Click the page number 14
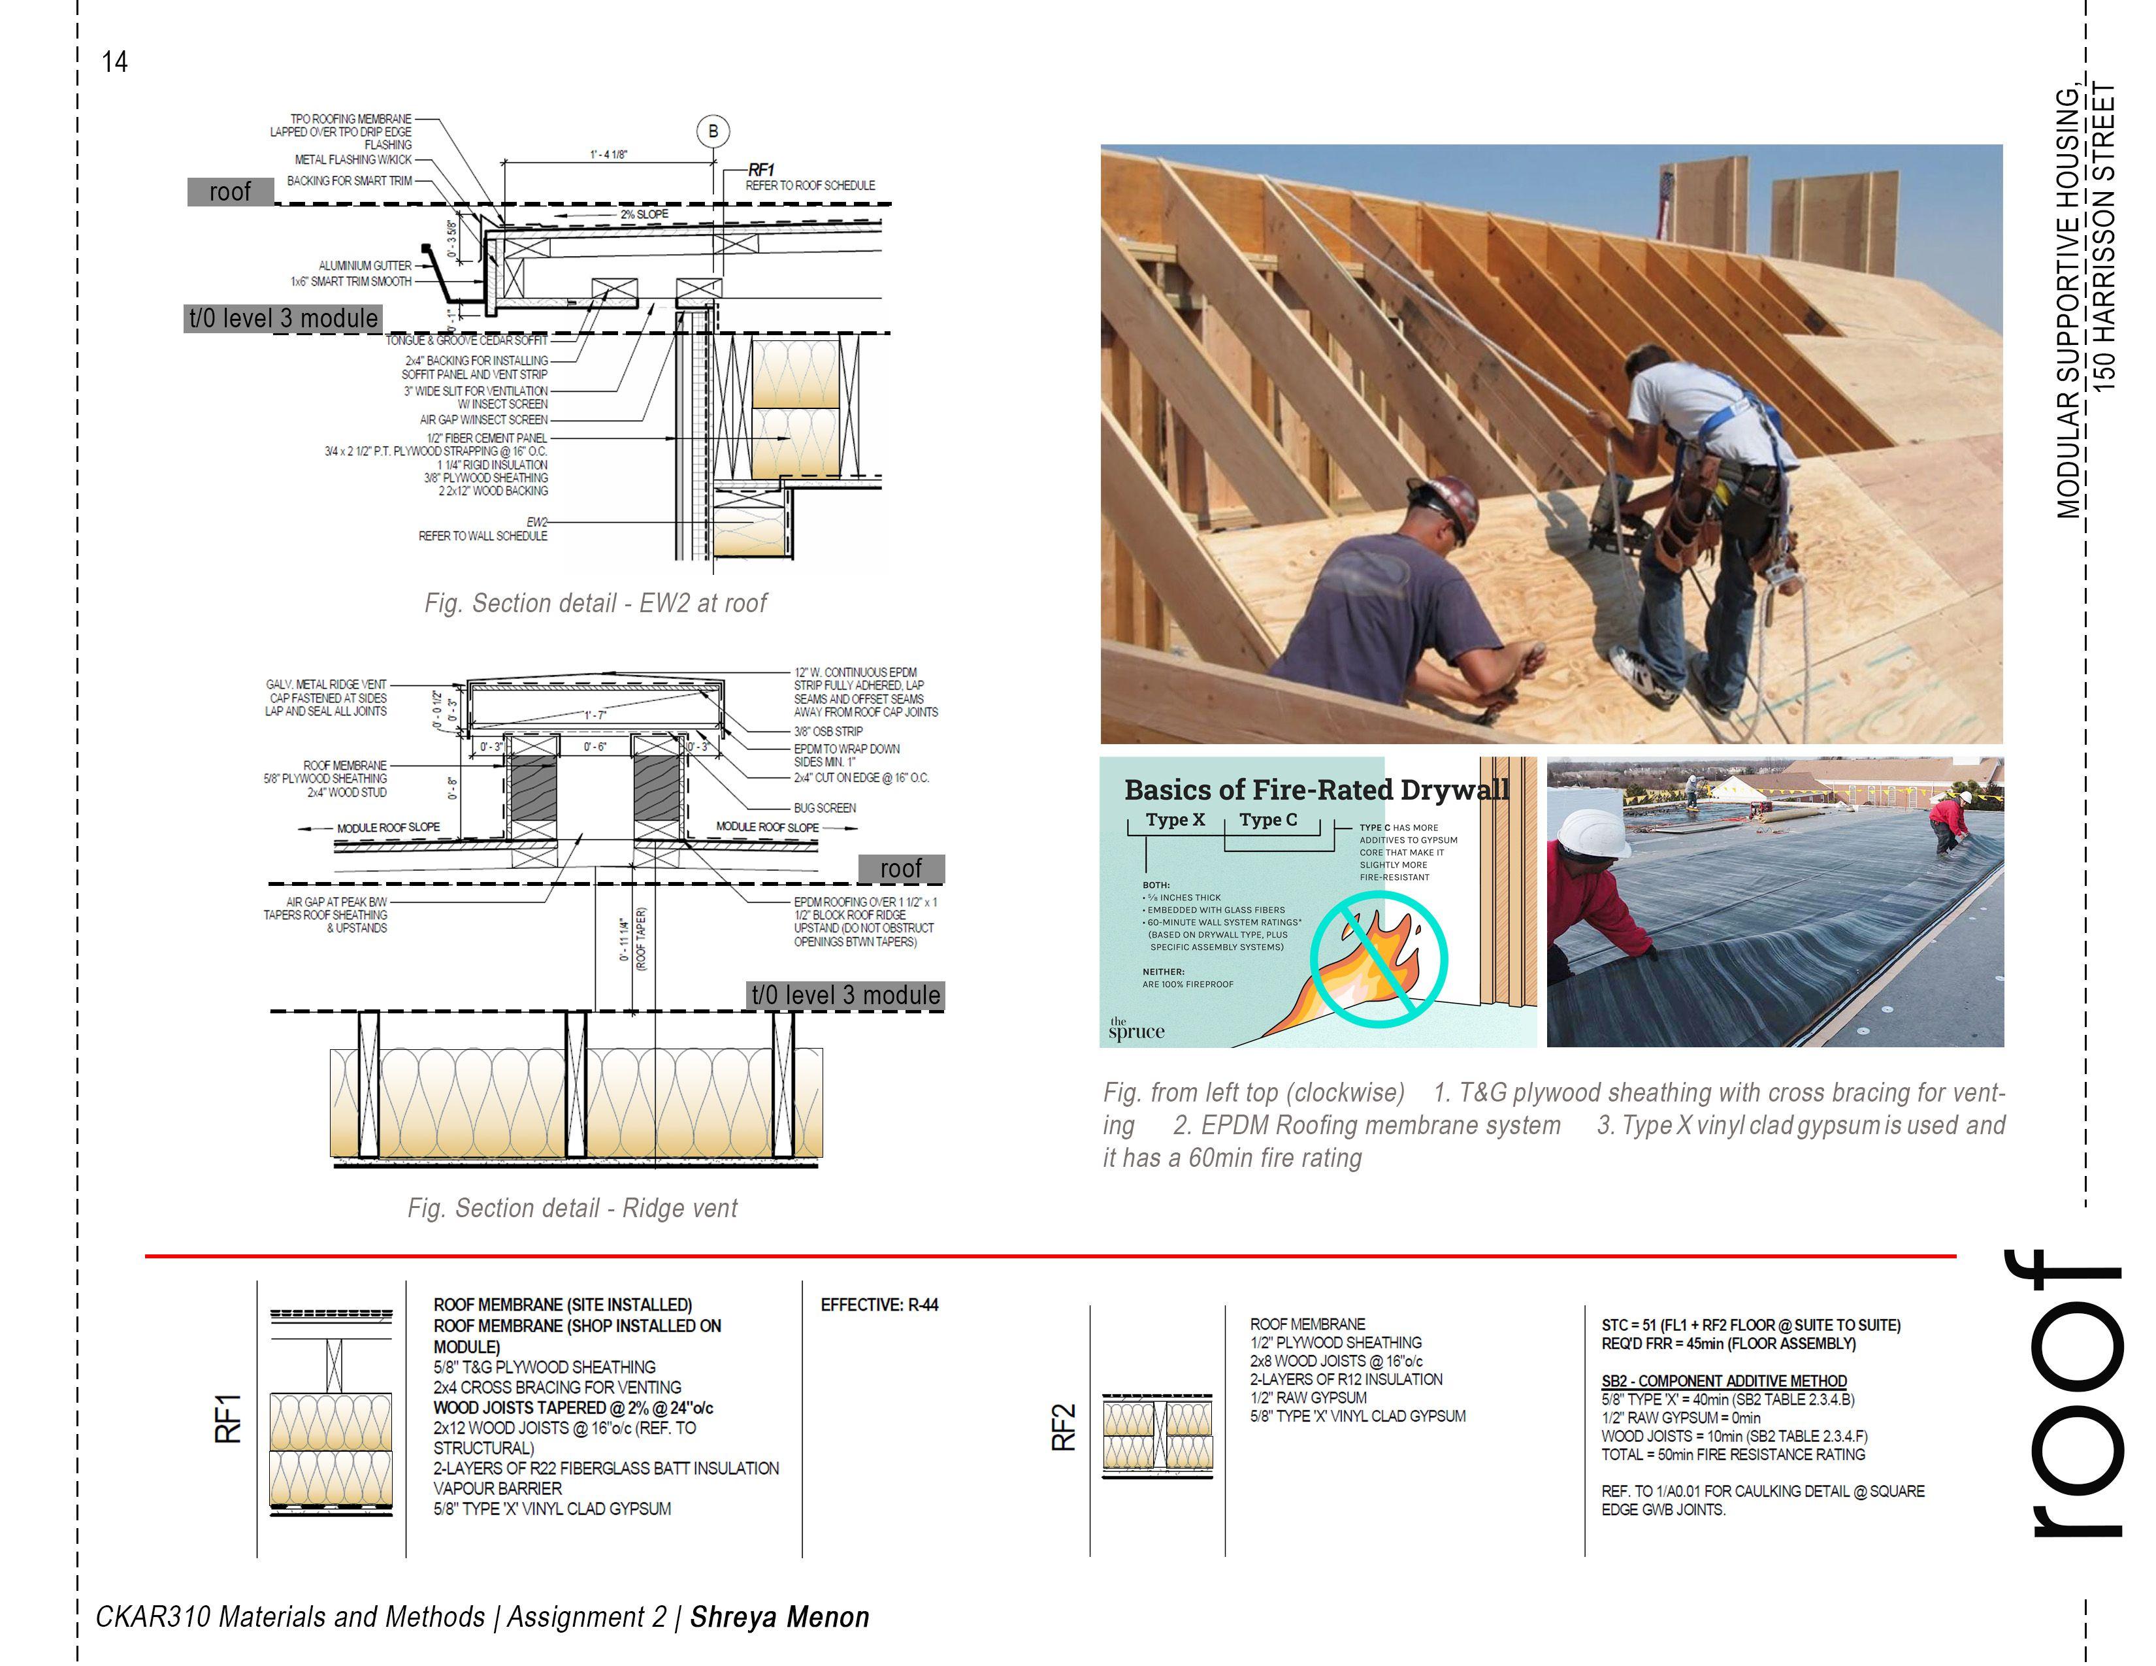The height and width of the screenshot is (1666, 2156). click(114, 62)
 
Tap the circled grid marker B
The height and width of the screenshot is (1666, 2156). click(713, 131)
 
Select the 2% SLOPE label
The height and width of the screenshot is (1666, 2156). click(644, 214)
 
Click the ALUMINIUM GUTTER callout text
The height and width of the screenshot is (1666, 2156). click(365, 265)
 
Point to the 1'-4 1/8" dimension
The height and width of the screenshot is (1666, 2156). click(608, 155)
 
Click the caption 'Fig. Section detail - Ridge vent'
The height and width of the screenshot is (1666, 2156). click(572, 1208)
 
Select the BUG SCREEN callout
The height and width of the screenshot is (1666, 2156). click(825, 808)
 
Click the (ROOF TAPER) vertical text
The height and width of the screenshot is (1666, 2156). click(641, 939)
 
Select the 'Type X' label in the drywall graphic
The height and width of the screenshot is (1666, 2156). click(1175, 820)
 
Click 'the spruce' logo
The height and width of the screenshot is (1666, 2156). click(1135, 1030)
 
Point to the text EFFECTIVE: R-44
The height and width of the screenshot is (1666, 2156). click(879, 1305)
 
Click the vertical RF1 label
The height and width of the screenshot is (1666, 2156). click(228, 1418)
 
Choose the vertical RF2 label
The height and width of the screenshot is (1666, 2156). click(1063, 1427)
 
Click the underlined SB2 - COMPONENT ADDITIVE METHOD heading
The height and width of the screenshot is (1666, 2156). click(1723, 1380)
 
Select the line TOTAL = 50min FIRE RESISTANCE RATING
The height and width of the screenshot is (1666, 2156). click(1733, 1455)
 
